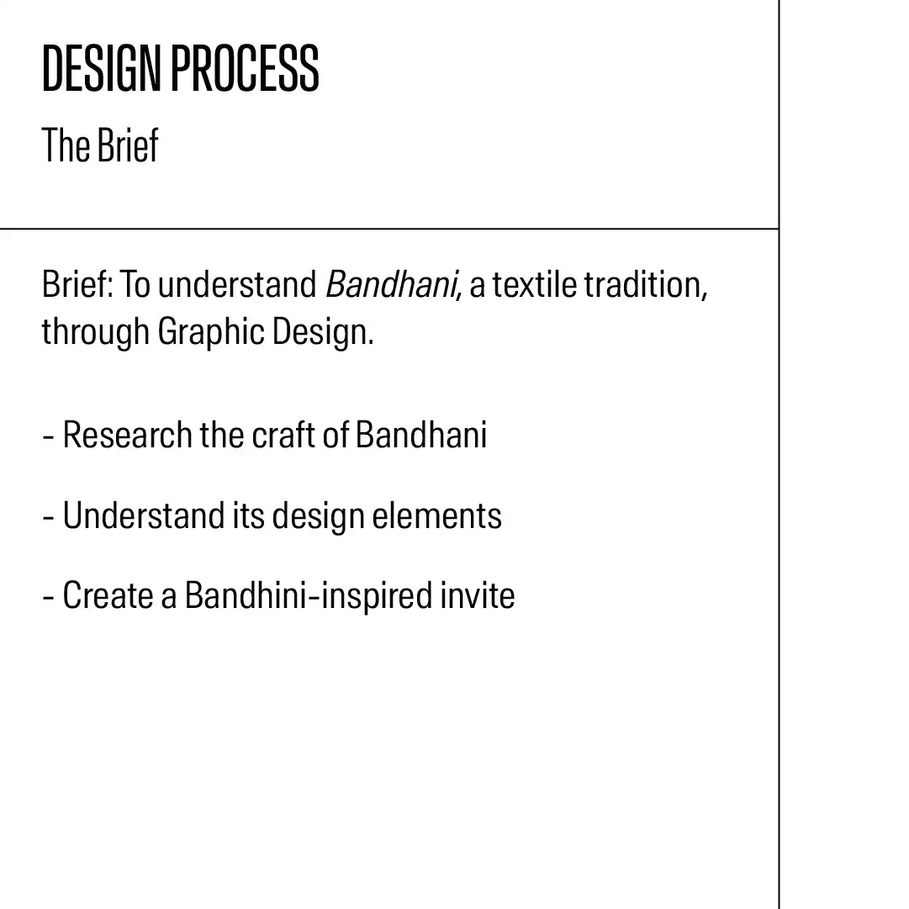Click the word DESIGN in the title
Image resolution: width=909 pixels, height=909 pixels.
(x=101, y=68)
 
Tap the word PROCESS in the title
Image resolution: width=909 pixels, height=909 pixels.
(x=245, y=68)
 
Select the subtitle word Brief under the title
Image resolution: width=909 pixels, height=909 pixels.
(x=128, y=145)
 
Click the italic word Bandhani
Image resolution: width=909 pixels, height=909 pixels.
(x=391, y=285)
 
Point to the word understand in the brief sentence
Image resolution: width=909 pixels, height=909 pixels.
(x=237, y=285)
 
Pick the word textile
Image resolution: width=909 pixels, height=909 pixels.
(x=535, y=285)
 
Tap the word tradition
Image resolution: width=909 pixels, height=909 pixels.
(x=646, y=285)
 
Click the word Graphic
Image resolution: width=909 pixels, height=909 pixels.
(x=211, y=332)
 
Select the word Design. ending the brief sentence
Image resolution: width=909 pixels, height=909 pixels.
(x=323, y=332)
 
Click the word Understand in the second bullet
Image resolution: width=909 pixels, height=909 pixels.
(x=143, y=515)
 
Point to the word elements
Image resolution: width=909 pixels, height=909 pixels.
(x=437, y=515)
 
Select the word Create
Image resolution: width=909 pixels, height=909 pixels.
(x=108, y=595)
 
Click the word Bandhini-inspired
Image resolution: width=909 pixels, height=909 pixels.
(x=309, y=596)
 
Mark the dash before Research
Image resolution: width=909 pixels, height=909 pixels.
(x=48, y=436)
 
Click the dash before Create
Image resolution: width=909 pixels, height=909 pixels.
(x=48, y=596)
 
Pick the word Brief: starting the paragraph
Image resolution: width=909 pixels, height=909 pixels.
(x=77, y=285)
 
